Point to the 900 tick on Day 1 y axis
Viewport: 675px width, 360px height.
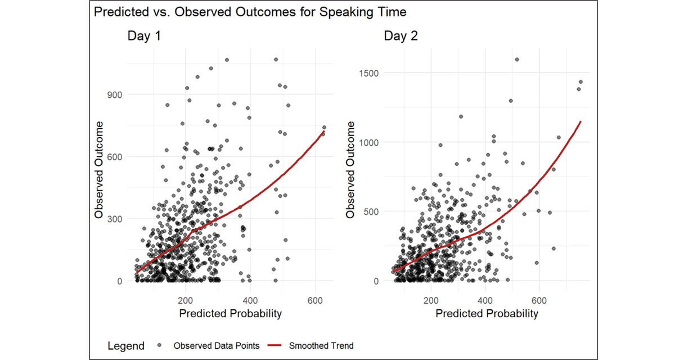[114, 94]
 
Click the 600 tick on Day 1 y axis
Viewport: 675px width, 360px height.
[114, 157]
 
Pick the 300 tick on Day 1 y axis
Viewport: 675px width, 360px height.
[114, 219]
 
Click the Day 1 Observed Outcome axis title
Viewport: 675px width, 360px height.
[99, 169]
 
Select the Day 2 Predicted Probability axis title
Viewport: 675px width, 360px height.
[487, 314]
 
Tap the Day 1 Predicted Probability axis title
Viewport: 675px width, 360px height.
[230, 314]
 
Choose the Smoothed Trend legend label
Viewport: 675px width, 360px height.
[321, 345]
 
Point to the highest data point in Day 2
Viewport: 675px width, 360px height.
[516, 59]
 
